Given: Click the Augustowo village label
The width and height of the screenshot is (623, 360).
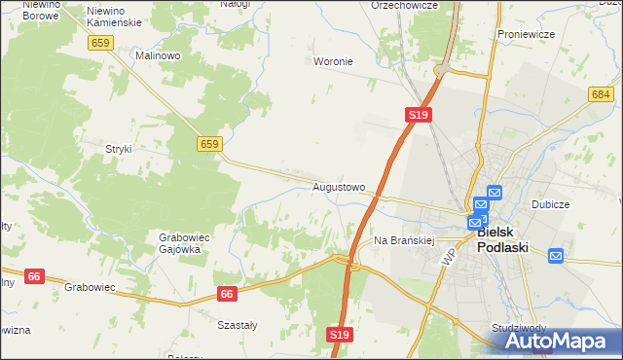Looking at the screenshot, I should tap(339, 187).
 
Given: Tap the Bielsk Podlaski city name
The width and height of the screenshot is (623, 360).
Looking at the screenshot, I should tap(502, 240).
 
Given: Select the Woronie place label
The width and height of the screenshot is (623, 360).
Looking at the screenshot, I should tap(332, 61).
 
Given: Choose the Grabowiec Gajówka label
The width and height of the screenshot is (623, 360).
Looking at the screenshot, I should tap(179, 242).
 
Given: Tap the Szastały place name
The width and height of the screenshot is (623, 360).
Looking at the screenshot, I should tap(238, 326).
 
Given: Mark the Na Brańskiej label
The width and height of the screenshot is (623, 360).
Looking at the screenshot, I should tap(402, 239).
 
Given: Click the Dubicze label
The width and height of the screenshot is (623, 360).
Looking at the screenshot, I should tap(550, 205).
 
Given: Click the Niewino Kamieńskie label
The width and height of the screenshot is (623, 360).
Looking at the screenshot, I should tap(115, 16).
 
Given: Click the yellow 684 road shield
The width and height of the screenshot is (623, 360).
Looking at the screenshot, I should tap(601, 93).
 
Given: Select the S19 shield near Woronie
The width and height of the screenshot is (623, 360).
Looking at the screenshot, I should tap(418, 115).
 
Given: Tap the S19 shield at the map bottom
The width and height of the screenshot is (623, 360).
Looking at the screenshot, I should tap(338, 335).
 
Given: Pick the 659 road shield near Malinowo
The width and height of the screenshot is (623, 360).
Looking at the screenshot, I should tap(100, 43).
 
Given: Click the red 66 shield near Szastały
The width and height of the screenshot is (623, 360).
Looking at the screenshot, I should tap(227, 293).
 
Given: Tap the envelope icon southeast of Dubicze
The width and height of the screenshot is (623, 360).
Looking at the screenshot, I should tap(556, 256).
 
